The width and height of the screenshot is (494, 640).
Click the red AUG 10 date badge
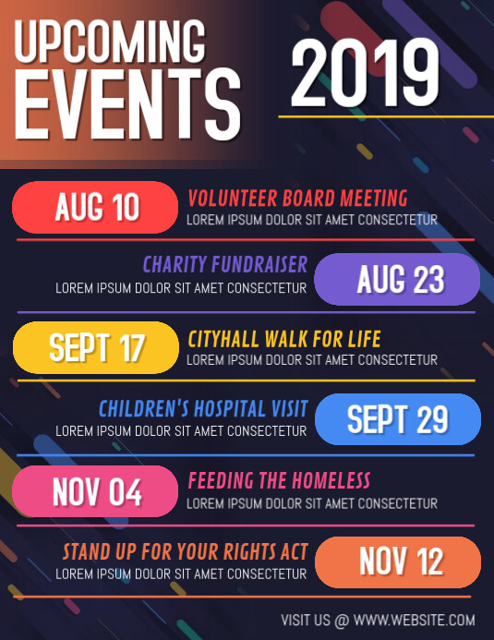click(95, 207)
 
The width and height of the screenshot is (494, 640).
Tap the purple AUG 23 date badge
click(398, 279)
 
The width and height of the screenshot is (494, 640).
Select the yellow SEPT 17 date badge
click(95, 348)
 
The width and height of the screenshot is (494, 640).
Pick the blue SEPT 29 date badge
click(398, 419)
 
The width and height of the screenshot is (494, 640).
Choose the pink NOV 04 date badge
click(95, 491)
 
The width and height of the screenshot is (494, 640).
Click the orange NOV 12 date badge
click(398, 562)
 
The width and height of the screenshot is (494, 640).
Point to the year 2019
click(366, 74)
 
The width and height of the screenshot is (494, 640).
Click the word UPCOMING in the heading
click(111, 42)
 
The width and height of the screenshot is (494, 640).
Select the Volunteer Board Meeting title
click(297, 198)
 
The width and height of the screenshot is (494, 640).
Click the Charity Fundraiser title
click(225, 266)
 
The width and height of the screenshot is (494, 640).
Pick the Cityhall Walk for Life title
click(284, 338)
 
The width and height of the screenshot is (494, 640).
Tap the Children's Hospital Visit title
click(203, 408)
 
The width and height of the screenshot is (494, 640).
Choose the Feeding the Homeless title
click(279, 480)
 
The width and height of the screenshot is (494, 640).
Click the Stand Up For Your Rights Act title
click(186, 551)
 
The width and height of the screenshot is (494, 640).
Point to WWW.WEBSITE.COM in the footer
click(415, 620)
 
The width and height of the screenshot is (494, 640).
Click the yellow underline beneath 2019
click(380, 117)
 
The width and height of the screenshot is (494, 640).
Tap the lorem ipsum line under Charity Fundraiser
click(181, 288)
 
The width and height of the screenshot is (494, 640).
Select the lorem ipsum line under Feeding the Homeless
click(312, 503)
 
